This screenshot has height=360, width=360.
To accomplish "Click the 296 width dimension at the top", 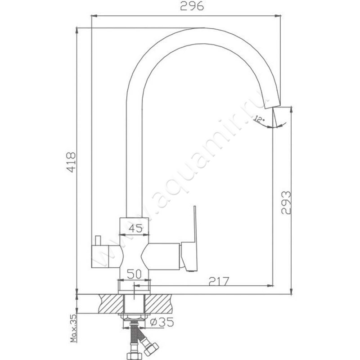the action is pyautogui.click(x=192, y=6).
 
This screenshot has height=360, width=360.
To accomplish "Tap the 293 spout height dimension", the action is pyautogui.click(x=286, y=203).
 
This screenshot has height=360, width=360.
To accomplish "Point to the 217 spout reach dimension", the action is pyautogui.click(x=219, y=281).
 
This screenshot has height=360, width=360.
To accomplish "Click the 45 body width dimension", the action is pyautogui.click(x=135, y=229).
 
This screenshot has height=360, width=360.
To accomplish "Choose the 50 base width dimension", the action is pyautogui.click(x=134, y=274).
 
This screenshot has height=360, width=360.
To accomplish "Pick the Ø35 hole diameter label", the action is pyautogui.click(x=162, y=322).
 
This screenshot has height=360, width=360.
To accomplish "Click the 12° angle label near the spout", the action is pyautogui.click(x=260, y=119).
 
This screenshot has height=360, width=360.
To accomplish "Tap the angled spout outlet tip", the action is pyautogui.click(x=273, y=105).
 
